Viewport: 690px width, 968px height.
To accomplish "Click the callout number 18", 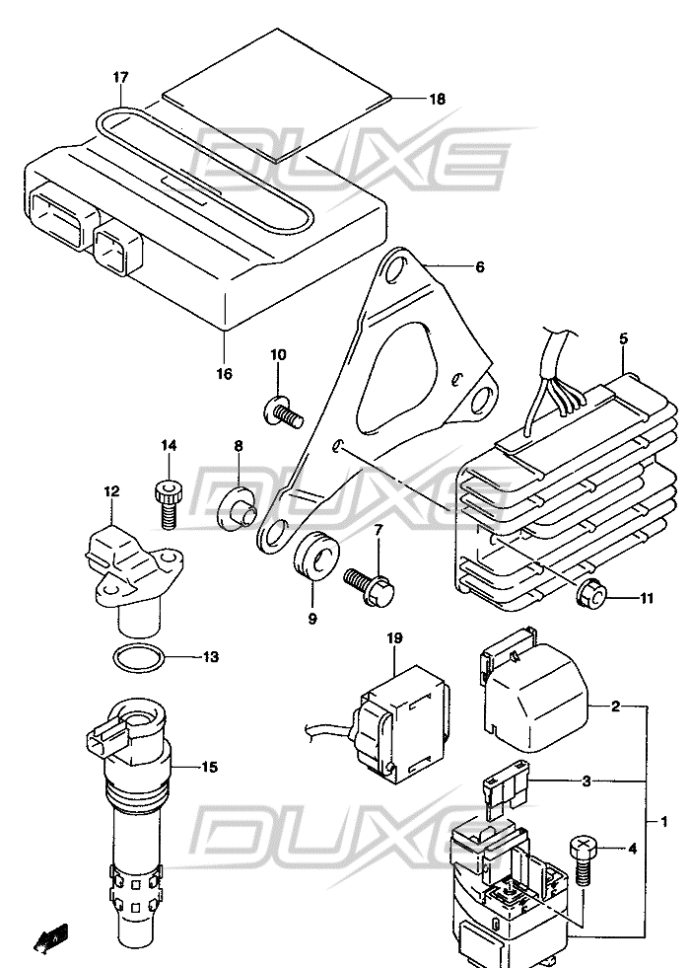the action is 437,99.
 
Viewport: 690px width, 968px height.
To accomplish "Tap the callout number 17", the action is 120,78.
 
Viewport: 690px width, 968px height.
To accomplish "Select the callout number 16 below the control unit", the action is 224,374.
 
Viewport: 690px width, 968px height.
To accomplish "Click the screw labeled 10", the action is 284,411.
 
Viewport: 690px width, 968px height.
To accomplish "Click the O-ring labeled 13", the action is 139,657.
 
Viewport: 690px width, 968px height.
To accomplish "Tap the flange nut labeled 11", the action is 591,594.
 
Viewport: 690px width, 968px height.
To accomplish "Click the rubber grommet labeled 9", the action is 315,555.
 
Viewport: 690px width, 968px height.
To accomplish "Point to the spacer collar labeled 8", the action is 237,508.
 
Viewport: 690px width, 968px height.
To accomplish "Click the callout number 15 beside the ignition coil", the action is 209,768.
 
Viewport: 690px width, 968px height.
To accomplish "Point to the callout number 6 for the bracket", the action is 479,266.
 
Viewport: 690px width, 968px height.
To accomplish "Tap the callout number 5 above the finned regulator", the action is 623,338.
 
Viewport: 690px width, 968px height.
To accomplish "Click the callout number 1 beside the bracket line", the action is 663,822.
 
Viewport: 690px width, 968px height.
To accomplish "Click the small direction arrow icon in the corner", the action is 50,937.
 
